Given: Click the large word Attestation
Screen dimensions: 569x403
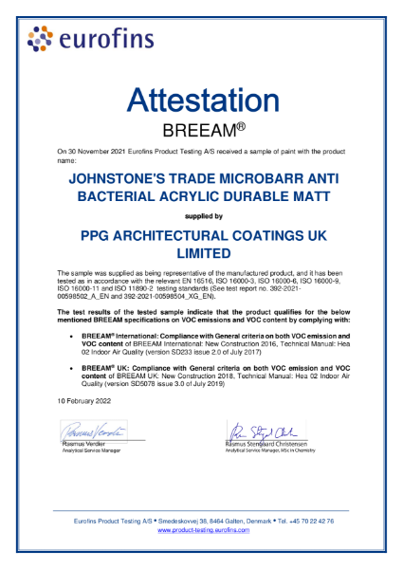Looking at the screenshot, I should (x=201, y=101).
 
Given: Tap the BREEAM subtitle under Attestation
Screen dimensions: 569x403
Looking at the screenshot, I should (x=201, y=130).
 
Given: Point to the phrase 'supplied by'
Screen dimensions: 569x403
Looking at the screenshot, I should (x=201, y=215).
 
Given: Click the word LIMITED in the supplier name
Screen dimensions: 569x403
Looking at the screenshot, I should (x=201, y=253).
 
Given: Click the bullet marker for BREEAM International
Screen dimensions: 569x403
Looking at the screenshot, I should (x=73, y=321).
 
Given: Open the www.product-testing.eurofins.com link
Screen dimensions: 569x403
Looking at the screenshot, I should (x=201, y=530).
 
